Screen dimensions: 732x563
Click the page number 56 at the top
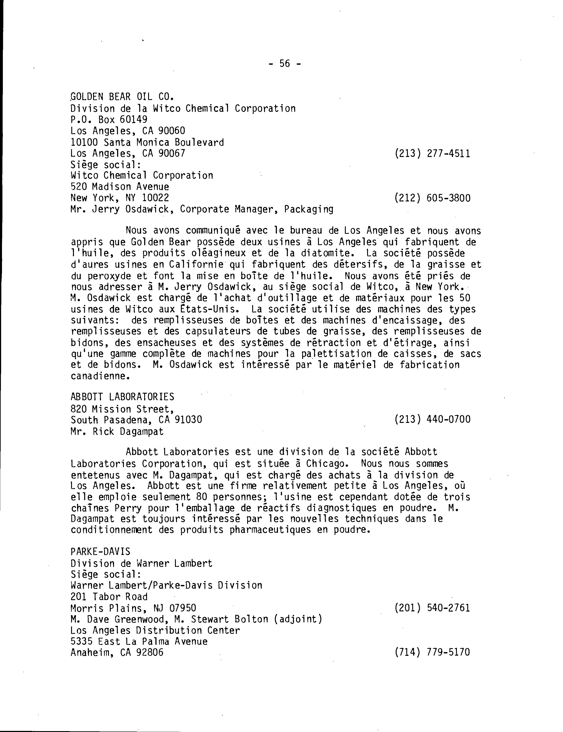pyautogui.click(x=285, y=63)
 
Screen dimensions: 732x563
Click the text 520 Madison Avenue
pyautogui.click(x=120, y=187)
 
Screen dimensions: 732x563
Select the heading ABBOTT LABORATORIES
pyautogui.click(x=122, y=397)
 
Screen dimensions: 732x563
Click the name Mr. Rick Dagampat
pyautogui.click(x=117, y=432)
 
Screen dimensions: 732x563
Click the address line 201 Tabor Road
pyautogui.click(x=109, y=597)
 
